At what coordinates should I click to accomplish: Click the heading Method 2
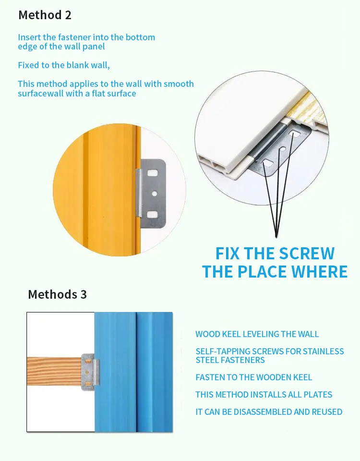(x=45, y=15)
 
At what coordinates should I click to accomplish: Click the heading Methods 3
(x=57, y=294)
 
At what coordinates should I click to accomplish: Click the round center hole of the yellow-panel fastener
(x=155, y=194)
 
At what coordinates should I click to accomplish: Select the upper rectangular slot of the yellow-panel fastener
(x=153, y=171)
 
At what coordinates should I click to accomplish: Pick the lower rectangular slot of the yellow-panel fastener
(x=153, y=215)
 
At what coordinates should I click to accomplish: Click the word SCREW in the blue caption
(x=307, y=254)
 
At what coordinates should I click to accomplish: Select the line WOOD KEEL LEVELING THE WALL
(x=257, y=334)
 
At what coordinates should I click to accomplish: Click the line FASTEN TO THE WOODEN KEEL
(x=253, y=377)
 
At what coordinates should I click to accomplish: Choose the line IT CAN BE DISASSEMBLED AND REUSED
(x=269, y=412)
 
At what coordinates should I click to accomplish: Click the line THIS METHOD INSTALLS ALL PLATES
(x=264, y=395)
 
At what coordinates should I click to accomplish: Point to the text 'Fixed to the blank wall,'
(x=64, y=65)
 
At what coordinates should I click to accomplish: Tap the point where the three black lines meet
(x=277, y=235)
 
